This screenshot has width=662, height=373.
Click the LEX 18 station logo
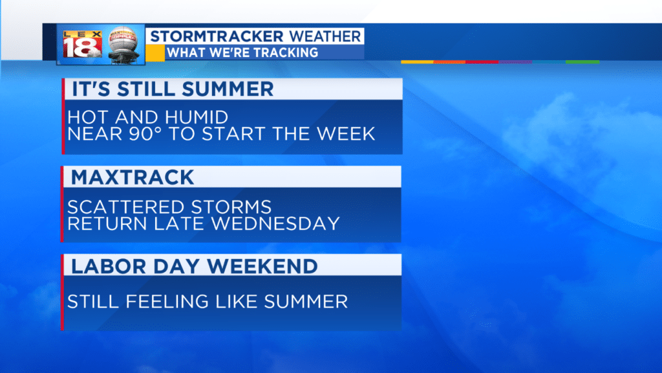point(82,44)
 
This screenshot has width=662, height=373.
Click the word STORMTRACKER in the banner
point(217,36)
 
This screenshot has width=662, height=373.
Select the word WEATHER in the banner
point(325,36)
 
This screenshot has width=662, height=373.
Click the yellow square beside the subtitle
point(155,53)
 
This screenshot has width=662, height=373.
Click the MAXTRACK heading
point(133,177)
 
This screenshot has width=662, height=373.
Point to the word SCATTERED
point(127,207)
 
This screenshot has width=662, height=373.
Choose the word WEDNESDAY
point(275,223)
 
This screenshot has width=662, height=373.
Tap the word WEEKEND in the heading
point(262,266)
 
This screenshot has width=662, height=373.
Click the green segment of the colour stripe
point(582,62)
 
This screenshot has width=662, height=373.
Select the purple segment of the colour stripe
point(515,62)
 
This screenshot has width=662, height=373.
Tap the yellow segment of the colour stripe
point(417,62)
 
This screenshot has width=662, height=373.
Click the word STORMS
point(231,207)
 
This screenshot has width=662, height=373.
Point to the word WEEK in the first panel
point(346,133)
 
